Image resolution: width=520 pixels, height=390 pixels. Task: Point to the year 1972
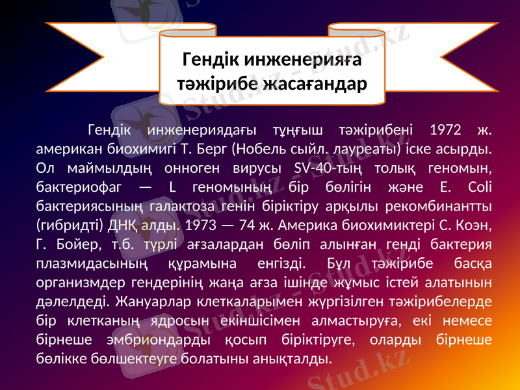pyautogui.click(x=447, y=129)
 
